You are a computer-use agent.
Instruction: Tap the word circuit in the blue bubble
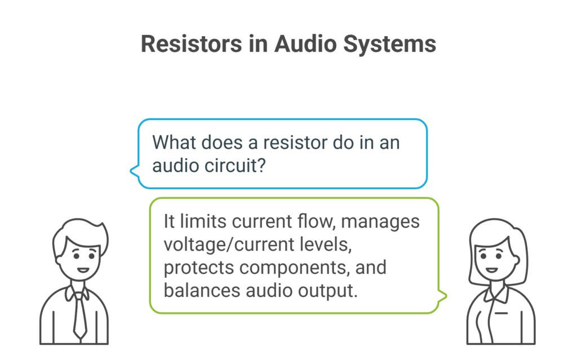click(233, 164)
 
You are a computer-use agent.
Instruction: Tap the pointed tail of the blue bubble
click(132, 169)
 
